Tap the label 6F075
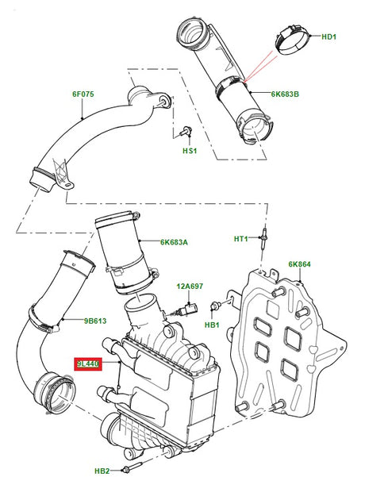(x=83, y=94)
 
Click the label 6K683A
(x=174, y=242)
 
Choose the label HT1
(x=241, y=238)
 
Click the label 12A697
(x=190, y=286)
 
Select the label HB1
(x=211, y=325)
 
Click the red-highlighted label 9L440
(x=87, y=364)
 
